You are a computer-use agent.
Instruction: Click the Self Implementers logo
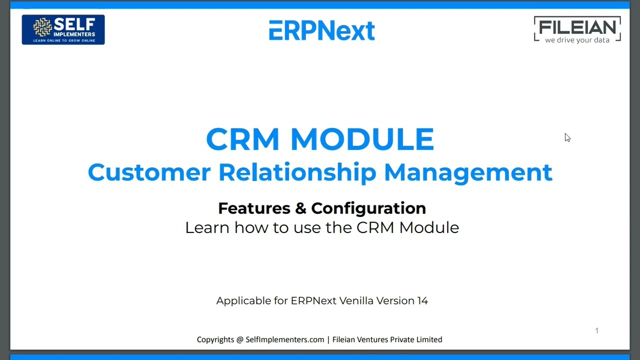(63, 29)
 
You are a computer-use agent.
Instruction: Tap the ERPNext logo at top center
(321, 30)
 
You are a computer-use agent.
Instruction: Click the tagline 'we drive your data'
(577, 40)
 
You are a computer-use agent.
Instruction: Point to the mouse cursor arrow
(567, 137)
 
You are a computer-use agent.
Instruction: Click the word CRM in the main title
(242, 139)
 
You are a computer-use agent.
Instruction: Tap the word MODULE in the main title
(362, 139)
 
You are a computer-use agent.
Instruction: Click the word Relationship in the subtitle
(297, 172)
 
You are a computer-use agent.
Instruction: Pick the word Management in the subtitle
(468, 172)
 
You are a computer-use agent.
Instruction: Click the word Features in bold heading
(254, 208)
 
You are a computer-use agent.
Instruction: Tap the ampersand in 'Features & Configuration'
(300, 208)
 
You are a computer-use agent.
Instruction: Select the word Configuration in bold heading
(368, 208)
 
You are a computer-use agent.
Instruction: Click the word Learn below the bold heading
(207, 227)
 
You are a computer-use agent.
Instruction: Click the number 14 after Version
(422, 300)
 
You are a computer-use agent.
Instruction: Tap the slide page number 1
(596, 330)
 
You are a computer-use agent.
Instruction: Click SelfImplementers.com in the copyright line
(285, 339)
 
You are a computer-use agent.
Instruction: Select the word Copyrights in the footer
(215, 339)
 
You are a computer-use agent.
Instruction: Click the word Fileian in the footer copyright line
(345, 339)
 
